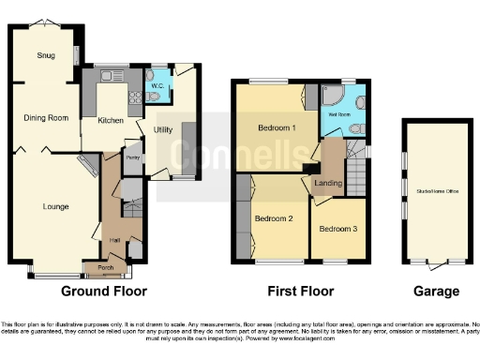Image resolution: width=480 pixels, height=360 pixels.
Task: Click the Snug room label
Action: coord(46,55)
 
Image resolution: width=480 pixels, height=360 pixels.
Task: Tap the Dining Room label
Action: coord(46,118)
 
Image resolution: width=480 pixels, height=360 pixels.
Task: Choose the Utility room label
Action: coord(160,130)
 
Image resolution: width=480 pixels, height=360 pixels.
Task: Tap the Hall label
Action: coord(114,240)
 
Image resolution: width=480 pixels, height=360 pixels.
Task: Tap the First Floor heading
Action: coord(296,292)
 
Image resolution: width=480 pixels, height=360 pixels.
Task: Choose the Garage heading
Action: coord(436,292)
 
